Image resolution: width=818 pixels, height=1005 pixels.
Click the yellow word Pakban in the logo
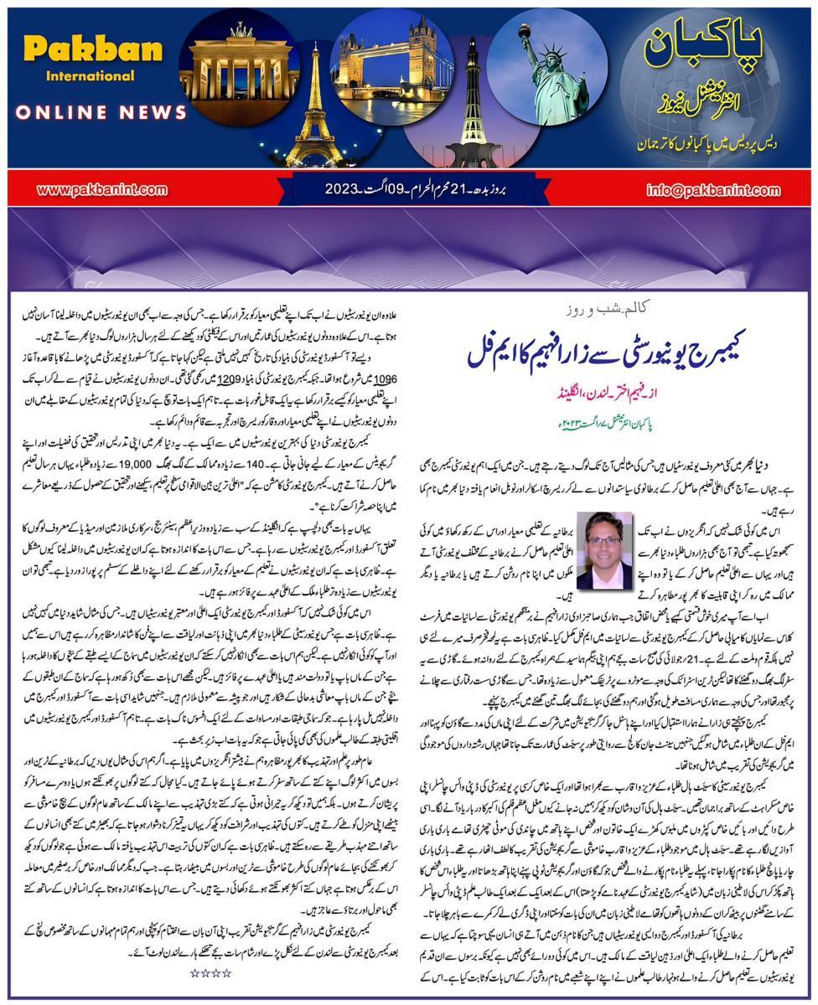[x=92, y=49]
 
